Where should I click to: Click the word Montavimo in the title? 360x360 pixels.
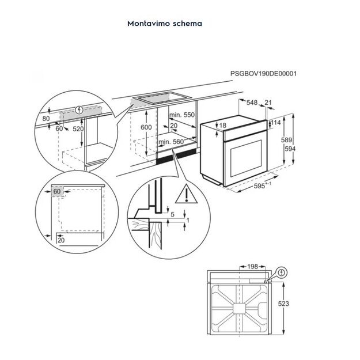[x=145, y=24]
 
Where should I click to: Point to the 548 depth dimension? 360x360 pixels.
[x=252, y=103]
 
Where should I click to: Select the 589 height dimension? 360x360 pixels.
[x=287, y=140]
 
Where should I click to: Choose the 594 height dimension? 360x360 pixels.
[x=291, y=149]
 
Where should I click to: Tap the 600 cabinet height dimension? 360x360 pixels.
[x=146, y=127]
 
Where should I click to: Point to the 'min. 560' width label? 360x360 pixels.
[x=170, y=141]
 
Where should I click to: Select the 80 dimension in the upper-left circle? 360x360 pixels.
[x=46, y=119]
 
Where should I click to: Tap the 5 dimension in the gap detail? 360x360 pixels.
[x=172, y=214]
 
